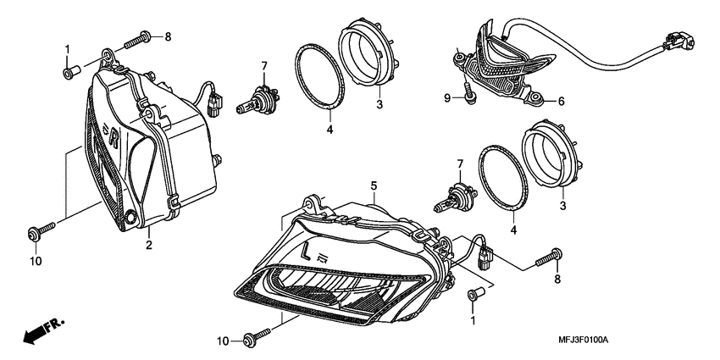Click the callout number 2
tap(148, 245)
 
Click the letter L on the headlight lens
tap(305, 252)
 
